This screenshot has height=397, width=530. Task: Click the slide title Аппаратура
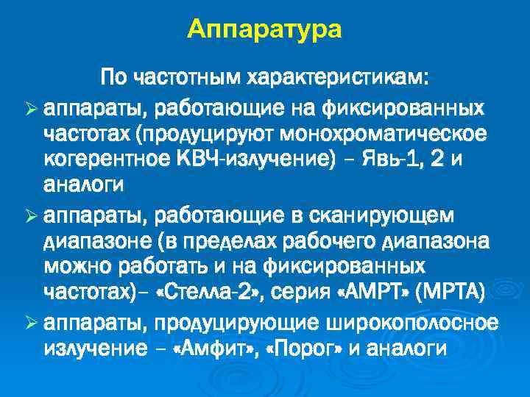click(x=264, y=29)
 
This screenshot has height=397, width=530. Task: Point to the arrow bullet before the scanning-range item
click(x=31, y=216)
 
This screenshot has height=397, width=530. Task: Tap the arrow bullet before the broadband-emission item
click(x=31, y=322)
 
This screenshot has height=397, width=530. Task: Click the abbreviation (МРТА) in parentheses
click(x=449, y=295)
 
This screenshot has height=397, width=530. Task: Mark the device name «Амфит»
click(x=217, y=348)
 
